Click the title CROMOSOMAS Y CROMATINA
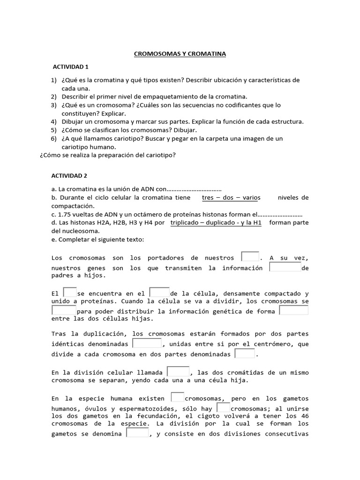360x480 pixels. pos(180,54)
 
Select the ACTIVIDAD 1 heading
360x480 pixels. pos(70,67)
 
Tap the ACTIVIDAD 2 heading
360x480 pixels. pos(70,176)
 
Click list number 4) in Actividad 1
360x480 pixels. pos(54,121)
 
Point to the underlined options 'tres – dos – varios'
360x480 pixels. pos(231,197)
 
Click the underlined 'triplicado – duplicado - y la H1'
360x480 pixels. pos(216,223)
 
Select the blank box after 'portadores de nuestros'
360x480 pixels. pos(250,257)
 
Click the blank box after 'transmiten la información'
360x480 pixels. pos(285,267)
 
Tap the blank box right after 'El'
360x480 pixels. pos(69,292)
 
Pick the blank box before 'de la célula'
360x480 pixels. pos(159,292)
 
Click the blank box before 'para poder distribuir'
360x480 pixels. pos(64,310)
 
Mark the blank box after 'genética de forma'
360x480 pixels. pos(293,310)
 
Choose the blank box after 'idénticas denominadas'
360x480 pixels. pos(147,344)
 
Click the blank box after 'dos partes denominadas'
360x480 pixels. pos(245,354)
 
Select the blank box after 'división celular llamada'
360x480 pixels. pos(179,371)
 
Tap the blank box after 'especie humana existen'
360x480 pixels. pos(178,397)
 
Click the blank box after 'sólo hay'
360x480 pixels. pos(224,408)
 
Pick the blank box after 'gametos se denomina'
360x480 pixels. pos(137,433)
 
